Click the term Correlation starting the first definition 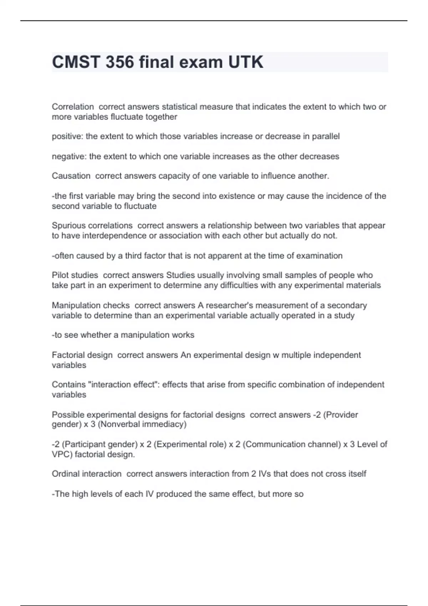click(x=73, y=107)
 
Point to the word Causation click(x=71, y=176)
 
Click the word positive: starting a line click(x=67, y=137)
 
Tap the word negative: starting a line click(x=69, y=156)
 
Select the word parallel click(x=326, y=137)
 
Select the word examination click(x=319, y=256)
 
